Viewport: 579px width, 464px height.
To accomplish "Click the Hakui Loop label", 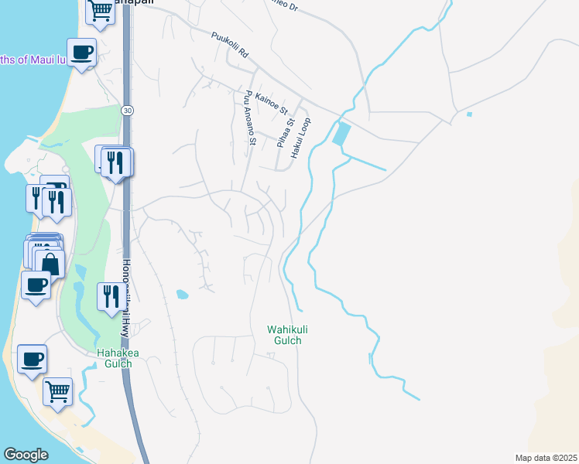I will (302, 138).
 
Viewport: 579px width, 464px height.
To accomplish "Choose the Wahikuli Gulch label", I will (283, 335).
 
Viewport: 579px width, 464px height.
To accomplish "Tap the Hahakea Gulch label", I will (119, 359).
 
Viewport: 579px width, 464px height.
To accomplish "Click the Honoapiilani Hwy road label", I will (125, 295).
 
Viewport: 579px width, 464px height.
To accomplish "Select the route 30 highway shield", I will (126, 111).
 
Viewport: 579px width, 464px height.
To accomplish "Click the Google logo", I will (26, 455).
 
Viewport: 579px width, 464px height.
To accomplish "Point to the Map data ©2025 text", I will (546, 458).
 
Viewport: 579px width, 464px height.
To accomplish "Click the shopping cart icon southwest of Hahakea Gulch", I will (57, 391).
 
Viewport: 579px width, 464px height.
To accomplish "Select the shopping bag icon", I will (50, 263).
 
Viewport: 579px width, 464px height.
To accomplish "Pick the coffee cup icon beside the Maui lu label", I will (81, 53).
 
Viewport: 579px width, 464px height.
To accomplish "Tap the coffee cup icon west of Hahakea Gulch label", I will (32, 359).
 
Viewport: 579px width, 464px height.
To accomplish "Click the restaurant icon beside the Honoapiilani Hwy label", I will (109, 296).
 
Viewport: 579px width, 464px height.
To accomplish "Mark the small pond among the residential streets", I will (182, 294).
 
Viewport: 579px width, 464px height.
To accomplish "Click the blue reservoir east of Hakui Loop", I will (340, 135).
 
